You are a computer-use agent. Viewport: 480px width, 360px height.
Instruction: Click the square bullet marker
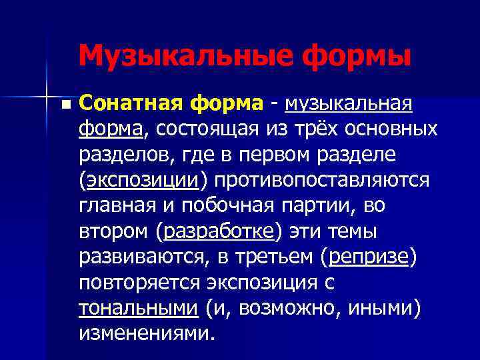point(65,105)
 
